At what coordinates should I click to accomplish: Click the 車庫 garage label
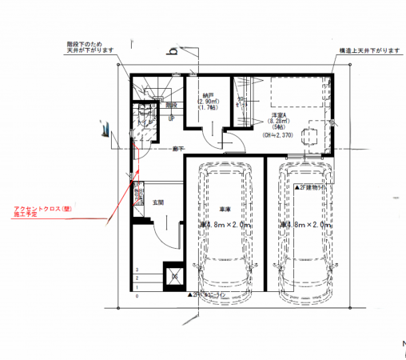tap(225, 210)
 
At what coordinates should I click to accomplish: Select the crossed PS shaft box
tap(172, 277)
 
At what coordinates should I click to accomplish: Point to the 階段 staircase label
tap(170, 105)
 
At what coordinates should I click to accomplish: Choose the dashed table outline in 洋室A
tap(312, 135)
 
